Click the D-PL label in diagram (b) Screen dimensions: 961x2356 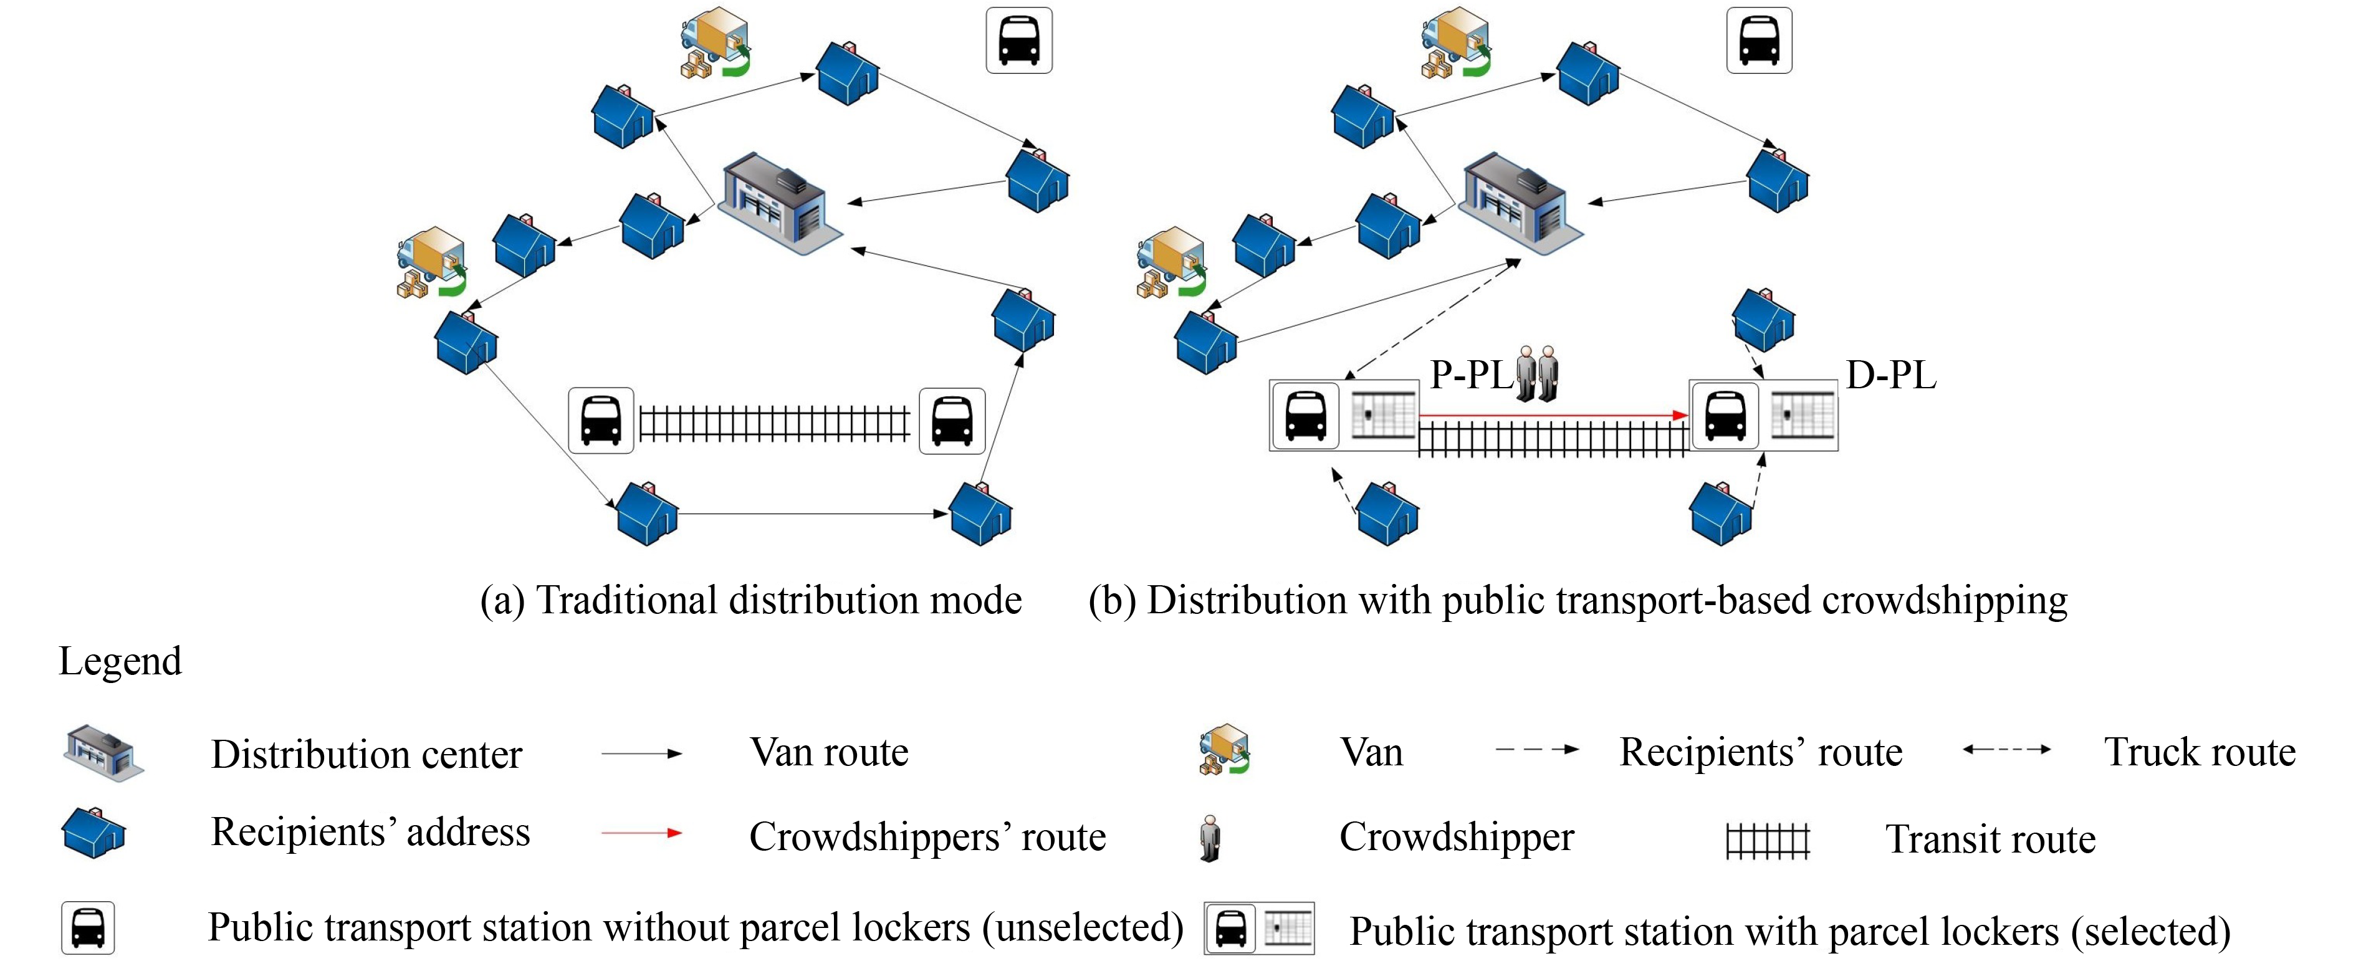[1890, 376]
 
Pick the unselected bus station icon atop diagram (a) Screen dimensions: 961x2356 [1019, 41]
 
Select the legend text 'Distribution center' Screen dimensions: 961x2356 [366, 754]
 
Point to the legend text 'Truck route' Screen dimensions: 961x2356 [2200, 752]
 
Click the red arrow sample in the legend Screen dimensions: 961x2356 [641, 833]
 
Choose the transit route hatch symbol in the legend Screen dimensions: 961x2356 [1767, 840]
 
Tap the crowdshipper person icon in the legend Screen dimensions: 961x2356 [1210, 838]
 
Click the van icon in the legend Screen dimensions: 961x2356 [1225, 750]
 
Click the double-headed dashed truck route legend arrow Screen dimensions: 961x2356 [2006, 750]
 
